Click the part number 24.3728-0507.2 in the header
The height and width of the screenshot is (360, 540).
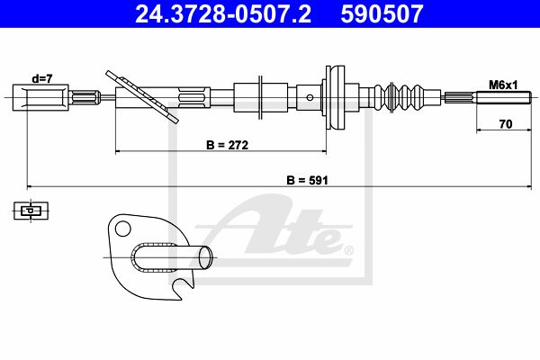point(223,13)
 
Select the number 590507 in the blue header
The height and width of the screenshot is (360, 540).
point(382,13)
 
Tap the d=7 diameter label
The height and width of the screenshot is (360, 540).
point(42,79)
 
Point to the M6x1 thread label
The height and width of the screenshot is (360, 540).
point(503,85)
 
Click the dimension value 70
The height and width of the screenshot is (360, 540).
point(506,124)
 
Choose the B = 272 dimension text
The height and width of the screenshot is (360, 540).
point(228,145)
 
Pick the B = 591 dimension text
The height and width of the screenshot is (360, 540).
point(307,180)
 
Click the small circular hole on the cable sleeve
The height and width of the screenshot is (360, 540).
point(310,98)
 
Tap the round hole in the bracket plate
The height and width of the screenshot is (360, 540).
point(123,229)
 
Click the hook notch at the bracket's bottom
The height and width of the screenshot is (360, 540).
point(183,286)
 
